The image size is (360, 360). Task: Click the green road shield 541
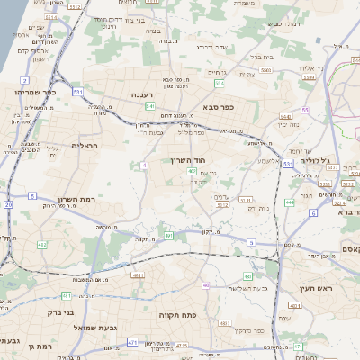tap(149, 106)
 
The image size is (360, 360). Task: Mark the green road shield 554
tap(219, 83)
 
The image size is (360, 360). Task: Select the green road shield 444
tap(290, 202)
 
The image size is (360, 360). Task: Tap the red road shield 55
tap(306, 110)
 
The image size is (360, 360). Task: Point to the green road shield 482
tap(42, 245)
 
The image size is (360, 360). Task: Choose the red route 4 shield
tap(145, 166)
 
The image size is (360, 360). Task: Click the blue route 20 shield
tap(7, 204)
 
